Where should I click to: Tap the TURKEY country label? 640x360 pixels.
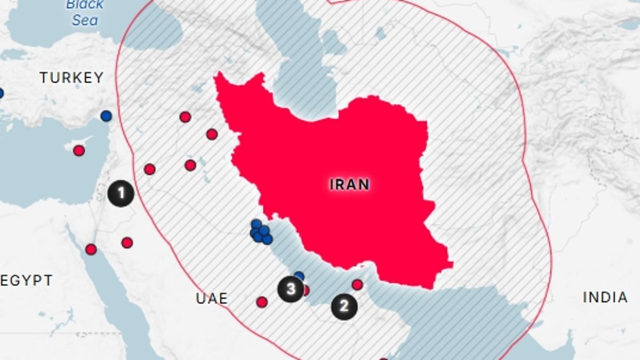pos(71,78)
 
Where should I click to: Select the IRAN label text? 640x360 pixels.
pos(350,185)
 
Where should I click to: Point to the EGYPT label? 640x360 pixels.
pos(27,281)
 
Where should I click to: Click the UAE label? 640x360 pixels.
pos(212,298)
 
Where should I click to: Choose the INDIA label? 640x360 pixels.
pos(605,298)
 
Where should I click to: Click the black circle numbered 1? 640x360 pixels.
pos(121,193)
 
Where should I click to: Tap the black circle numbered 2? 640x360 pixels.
pos(344,306)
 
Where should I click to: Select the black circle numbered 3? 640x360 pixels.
pos(291,289)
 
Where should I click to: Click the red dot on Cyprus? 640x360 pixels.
pos(79,150)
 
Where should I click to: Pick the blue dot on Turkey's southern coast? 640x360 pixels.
pos(106,116)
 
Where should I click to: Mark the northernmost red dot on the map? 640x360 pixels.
pos(185,117)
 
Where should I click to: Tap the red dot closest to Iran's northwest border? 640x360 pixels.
pos(212,134)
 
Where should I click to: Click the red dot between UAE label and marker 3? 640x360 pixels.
pos(262,302)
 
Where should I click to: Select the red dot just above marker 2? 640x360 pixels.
pos(357,285)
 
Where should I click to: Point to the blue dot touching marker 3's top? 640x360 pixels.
pos(299,276)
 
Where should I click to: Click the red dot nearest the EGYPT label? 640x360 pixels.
pos(91,249)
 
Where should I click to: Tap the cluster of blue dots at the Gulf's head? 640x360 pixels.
pos(260,233)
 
